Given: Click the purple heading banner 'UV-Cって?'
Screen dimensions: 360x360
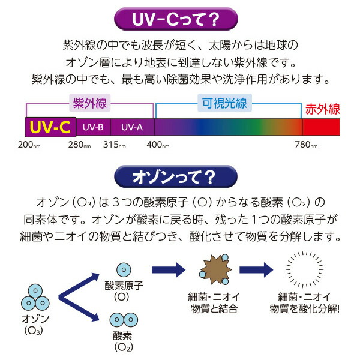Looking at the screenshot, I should (180, 20).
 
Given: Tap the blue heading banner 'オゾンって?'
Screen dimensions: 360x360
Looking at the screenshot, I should (180, 178).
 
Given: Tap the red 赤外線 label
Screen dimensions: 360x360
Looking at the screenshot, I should (322, 109).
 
